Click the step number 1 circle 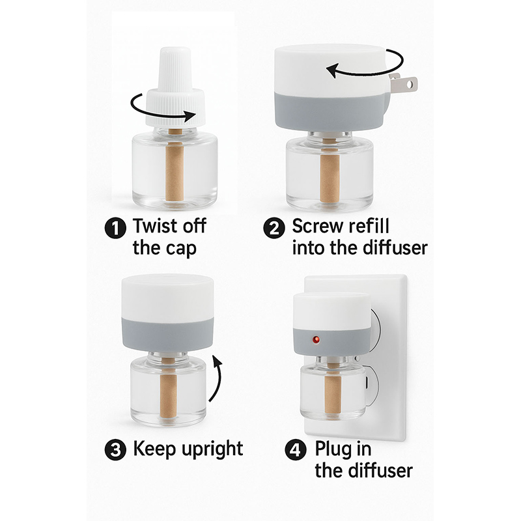tap(115, 228)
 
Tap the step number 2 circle tap(274, 228)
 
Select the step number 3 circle tap(115, 449)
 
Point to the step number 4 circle tap(296, 449)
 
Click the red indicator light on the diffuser tap(316, 339)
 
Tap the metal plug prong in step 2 tap(403, 83)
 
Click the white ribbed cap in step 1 tap(175, 87)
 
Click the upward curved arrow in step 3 tap(218, 377)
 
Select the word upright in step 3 tap(212, 450)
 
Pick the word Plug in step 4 tap(331, 450)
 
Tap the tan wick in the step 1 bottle tap(175, 171)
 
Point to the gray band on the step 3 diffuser tap(168, 334)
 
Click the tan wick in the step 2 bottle tap(330, 175)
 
